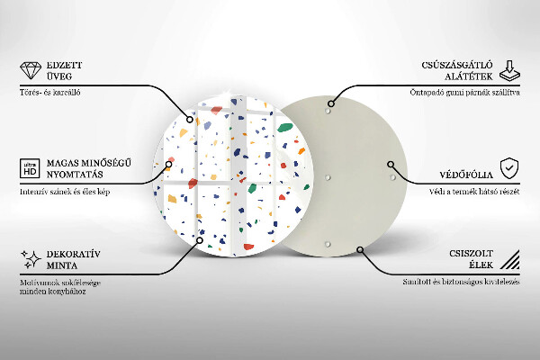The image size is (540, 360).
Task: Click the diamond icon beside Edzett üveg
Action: click(31, 71)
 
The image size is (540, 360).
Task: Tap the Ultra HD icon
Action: click(30, 168)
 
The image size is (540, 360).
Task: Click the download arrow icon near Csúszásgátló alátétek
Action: click(509, 71)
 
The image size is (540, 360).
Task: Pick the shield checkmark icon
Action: click(509, 167)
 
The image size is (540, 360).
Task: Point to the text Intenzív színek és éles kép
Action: click(68, 191)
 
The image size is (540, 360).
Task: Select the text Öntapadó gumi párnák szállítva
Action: click(463, 93)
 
